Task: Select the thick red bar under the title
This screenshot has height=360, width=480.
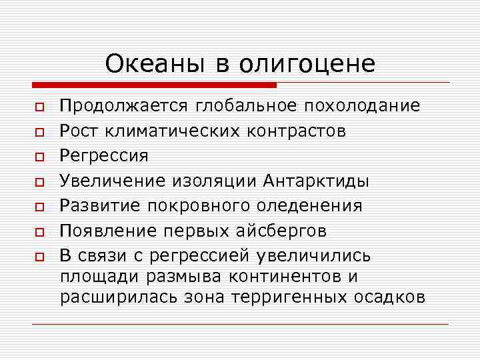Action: point(154,85)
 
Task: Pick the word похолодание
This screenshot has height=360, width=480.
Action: point(362,106)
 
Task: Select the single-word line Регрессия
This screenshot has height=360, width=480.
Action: point(104,156)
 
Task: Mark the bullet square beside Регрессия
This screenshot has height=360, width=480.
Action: point(40,157)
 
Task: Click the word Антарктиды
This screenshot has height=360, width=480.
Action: point(317,181)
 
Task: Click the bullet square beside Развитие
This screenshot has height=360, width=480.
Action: point(40,207)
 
